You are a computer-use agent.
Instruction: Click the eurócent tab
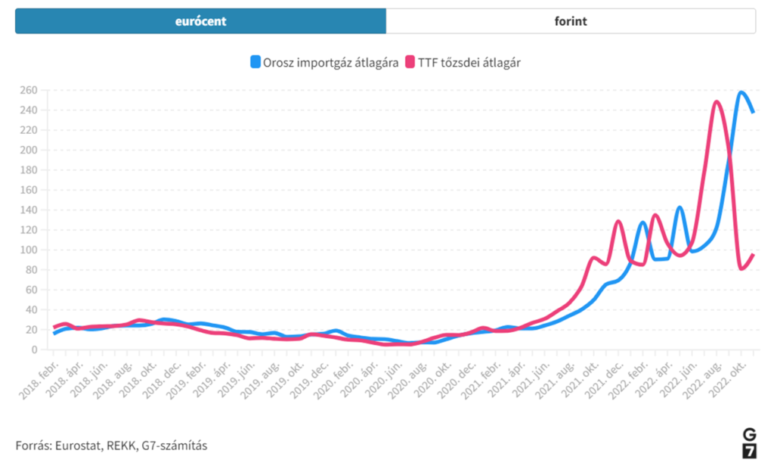click(200, 21)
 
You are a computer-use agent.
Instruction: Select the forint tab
click(570, 21)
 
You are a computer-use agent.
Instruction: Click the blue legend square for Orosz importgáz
click(255, 62)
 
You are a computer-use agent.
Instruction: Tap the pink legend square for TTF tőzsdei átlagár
click(411, 62)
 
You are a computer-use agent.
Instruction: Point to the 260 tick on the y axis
click(29, 90)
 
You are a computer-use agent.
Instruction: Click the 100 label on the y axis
click(29, 250)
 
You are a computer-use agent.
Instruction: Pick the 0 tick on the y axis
click(34, 349)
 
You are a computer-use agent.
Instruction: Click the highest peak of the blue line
click(741, 92)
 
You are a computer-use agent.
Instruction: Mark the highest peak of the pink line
click(716, 101)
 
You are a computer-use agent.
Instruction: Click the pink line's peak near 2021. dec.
click(618, 221)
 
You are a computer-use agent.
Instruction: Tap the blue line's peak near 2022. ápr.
click(680, 207)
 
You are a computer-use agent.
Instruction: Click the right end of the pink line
click(754, 255)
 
